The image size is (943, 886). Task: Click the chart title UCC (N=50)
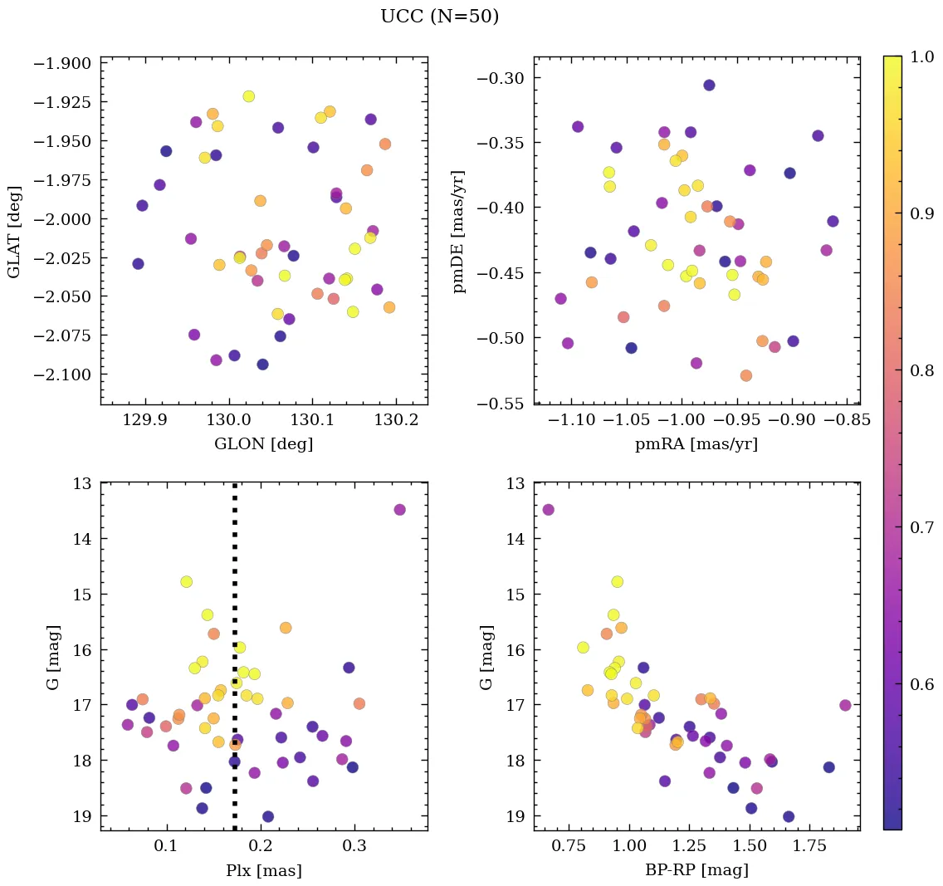tap(439, 17)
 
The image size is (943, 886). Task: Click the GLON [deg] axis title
tap(264, 444)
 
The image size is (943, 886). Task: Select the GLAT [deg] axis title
tap(14, 232)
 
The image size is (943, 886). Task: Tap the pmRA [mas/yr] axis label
tap(696, 444)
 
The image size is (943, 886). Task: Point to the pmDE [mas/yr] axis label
tap(458, 232)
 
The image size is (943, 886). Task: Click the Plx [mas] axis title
tap(264, 871)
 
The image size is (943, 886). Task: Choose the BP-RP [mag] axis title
tap(696, 871)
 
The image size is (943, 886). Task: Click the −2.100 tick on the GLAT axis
tap(62, 374)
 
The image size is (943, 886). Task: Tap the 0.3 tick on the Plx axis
tap(355, 847)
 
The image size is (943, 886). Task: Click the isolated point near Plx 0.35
tap(399, 510)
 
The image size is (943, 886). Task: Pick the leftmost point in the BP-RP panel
tap(548, 510)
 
